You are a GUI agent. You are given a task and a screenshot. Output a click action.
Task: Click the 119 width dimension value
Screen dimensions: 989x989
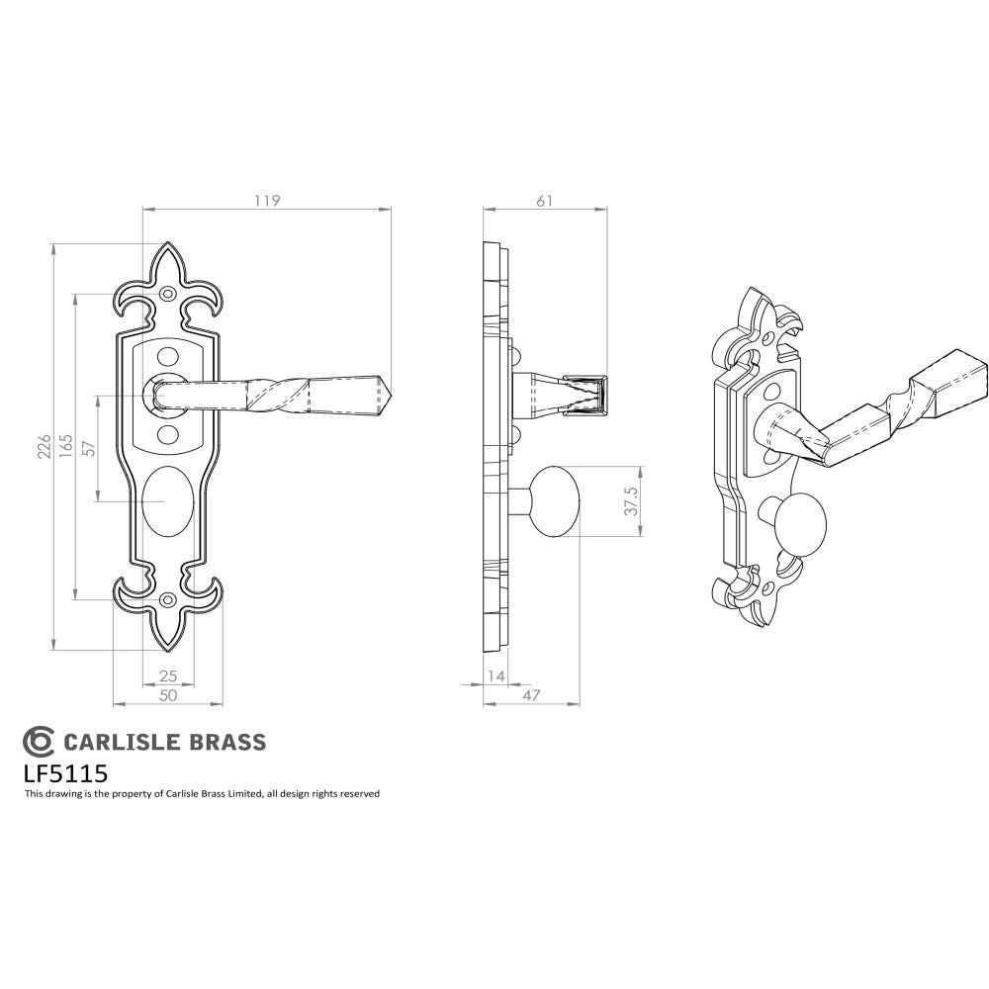(x=266, y=200)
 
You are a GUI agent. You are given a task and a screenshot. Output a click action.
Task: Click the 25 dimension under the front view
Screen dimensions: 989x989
(x=167, y=676)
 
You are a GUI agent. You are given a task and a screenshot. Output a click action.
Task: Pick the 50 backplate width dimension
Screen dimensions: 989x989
(x=167, y=695)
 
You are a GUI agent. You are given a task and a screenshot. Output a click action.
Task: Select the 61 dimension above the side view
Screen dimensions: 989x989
(x=544, y=200)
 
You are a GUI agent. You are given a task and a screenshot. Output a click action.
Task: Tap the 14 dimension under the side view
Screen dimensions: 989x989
(x=494, y=676)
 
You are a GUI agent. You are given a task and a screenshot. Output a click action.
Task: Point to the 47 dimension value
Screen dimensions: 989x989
(x=531, y=695)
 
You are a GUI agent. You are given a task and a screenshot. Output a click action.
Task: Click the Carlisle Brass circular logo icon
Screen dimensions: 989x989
(x=40, y=742)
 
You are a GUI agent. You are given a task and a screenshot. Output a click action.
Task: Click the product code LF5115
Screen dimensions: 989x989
(x=65, y=771)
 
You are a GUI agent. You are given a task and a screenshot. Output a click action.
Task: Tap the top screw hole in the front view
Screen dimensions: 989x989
(x=167, y=295)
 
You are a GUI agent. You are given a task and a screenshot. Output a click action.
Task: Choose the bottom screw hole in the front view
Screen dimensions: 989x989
(x=167, y=600)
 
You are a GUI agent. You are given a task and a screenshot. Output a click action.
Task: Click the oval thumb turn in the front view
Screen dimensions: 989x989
(x=166, y=502)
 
